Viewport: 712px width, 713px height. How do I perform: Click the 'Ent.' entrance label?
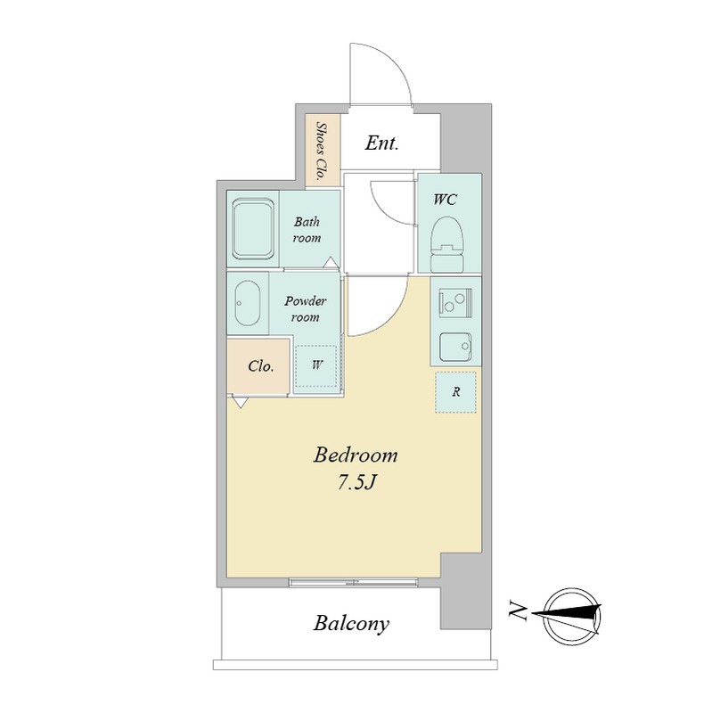coord(382,143)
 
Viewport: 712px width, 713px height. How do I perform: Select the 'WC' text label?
coord(445,199)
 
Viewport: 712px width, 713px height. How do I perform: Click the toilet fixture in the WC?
coord(447,244)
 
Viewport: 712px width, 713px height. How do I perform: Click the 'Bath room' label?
coord(307,230)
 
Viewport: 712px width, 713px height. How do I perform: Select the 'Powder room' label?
coord(305,308)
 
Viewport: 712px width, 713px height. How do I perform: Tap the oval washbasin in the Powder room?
coord(248,303)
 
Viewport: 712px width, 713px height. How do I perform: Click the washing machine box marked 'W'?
coord(316,366)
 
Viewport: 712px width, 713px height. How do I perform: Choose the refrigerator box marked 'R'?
coord(455,392)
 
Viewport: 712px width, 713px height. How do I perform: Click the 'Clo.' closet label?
coord(261,366)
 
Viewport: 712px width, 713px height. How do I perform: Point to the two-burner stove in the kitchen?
coord(455,302)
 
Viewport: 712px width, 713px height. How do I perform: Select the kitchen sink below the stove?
coord(455,348)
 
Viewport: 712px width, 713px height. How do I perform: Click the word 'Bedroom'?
coord(355,455)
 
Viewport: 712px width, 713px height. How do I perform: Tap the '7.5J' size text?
coord(356,483)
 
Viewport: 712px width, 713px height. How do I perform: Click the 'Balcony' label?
coord(351,623)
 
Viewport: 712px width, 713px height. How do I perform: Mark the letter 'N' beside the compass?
coord(518,611)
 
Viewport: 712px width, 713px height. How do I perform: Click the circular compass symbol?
coord(572,616)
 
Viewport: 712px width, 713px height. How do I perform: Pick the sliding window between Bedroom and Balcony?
coord(353,583)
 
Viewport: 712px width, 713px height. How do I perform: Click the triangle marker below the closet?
coord(240,402)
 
